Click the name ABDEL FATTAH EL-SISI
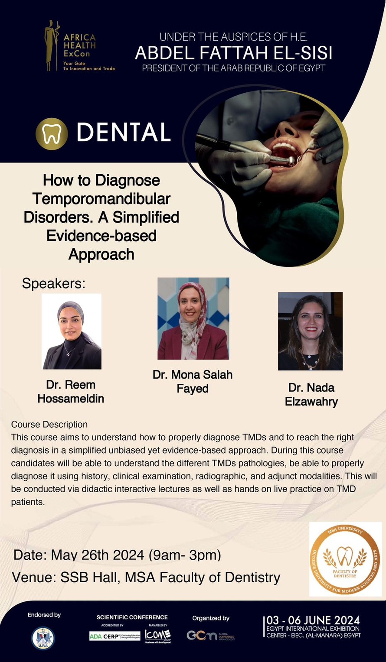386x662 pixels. [233, 53]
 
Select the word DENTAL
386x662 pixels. [123, 133]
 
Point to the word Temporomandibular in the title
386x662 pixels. [101, 199]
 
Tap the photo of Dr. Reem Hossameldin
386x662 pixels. [72, 331]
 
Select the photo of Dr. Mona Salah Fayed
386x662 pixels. [193, 318]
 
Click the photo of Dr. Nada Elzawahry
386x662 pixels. [310, 331]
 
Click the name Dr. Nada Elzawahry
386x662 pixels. [311, 394]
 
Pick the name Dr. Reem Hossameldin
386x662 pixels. [71, 392]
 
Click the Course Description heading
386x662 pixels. [49, 424]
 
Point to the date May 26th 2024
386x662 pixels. [98, 555]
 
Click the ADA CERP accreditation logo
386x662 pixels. [114, 636]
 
